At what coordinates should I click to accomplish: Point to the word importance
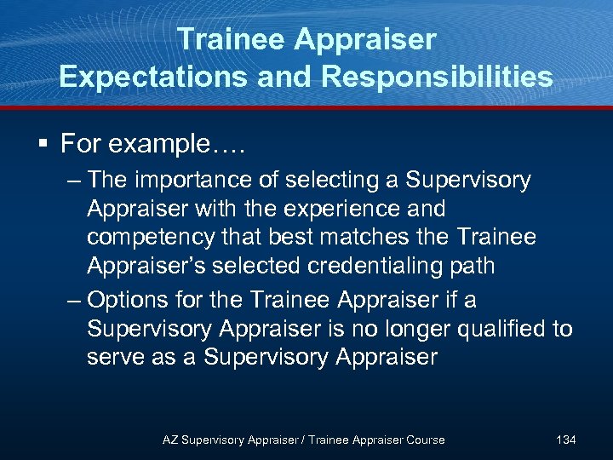pos(177,181)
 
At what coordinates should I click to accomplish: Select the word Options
pos(128,301)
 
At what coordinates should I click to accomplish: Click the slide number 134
pos(565,440)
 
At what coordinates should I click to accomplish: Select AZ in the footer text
pos(170,440)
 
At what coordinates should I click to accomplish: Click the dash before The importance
pos(73,181)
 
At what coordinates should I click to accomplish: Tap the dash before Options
pos(73,301)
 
